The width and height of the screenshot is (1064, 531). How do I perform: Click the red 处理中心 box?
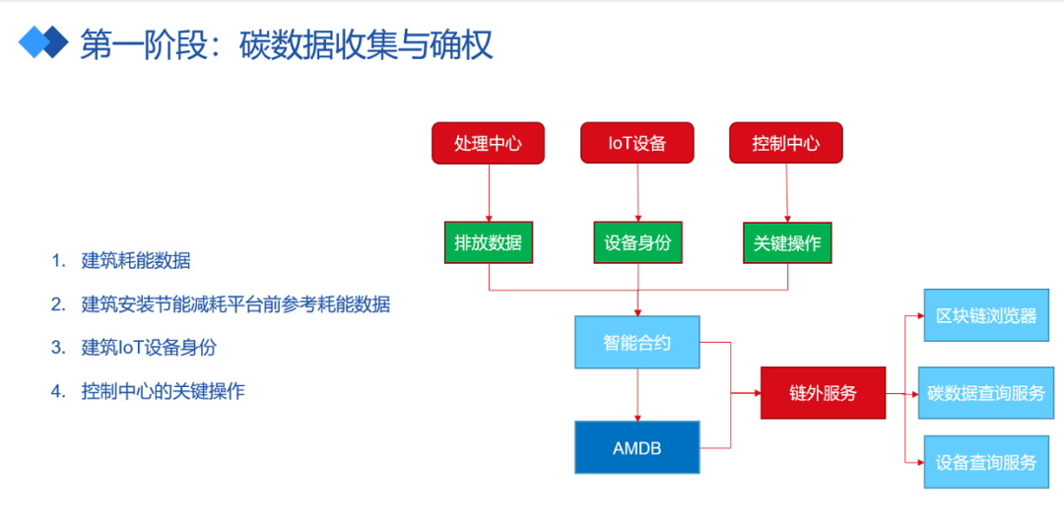point(488,143)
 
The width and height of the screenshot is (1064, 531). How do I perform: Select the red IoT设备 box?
point(637,143)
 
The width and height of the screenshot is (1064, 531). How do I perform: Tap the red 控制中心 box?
point(786,143)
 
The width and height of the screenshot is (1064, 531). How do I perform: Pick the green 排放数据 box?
point(489,242)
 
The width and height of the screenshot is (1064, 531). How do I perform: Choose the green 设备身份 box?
point(637,242)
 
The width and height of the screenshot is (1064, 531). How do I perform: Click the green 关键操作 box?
point(788,242)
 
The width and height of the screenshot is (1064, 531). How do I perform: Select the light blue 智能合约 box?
point(637,343)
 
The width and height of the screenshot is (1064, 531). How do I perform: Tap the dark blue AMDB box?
point(637,447)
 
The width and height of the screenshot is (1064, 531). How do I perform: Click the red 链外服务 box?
point(823,393)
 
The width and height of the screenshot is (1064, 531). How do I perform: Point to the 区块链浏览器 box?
point(986,315)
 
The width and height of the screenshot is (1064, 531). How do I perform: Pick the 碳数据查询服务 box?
point(986,393)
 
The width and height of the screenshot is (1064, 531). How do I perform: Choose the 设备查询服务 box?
point(986,462)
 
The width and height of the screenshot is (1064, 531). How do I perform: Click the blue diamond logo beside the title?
point(43,41)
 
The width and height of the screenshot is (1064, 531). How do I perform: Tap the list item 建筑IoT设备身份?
point(149,347)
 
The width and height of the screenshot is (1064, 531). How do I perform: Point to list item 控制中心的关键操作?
point(163,391)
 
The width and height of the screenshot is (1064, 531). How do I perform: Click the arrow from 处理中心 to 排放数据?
point(489,192)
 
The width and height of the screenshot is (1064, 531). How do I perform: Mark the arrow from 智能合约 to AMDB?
point(637,395)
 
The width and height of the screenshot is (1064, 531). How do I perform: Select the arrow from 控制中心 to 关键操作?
point(787,192)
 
